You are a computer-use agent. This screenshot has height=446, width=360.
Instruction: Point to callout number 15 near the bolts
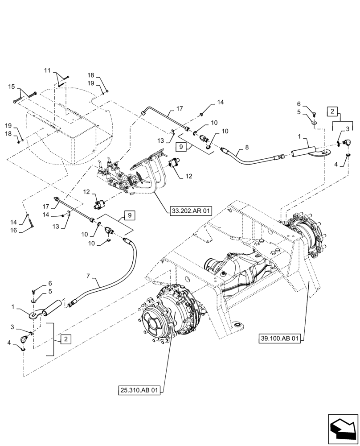point(12,87)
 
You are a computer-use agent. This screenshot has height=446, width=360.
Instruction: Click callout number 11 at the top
point(48,70)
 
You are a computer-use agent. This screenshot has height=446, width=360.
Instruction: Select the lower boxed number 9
point(129,215)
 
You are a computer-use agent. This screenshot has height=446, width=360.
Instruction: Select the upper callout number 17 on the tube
point(180,108)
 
